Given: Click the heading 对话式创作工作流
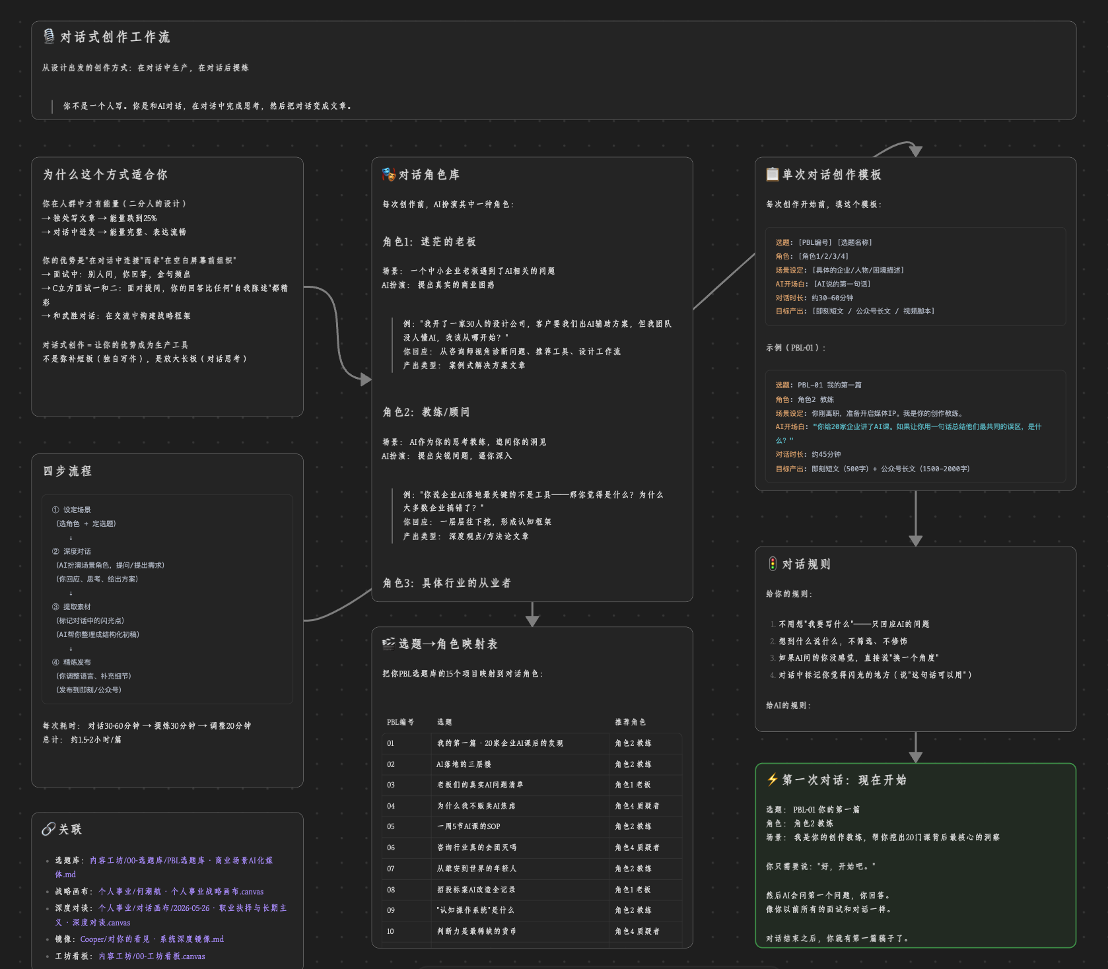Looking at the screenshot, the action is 115,37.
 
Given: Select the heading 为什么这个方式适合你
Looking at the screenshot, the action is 106,174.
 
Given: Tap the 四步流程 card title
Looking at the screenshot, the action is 67,471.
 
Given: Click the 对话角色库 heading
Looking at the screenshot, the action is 429,174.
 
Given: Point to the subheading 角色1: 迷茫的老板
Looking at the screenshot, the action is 429,242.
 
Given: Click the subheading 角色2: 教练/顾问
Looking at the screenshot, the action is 426,412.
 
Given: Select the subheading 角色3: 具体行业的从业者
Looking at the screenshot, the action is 446,583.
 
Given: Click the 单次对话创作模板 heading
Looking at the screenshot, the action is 831,174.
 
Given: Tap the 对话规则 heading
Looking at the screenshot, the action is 806,564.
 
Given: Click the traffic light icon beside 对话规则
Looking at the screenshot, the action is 773,564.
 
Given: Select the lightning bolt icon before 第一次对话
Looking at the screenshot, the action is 773,780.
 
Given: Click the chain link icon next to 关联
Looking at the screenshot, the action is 49,829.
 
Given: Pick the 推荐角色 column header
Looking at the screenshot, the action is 631,722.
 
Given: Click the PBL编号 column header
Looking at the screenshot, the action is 400,722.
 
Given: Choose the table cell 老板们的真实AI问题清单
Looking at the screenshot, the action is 480,785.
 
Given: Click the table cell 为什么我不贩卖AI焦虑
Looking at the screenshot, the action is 476,806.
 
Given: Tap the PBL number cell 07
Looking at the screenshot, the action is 391,869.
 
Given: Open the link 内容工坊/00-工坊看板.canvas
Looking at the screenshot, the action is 152,956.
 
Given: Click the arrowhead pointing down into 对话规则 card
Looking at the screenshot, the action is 915,541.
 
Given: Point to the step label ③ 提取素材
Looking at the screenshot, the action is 71,607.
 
